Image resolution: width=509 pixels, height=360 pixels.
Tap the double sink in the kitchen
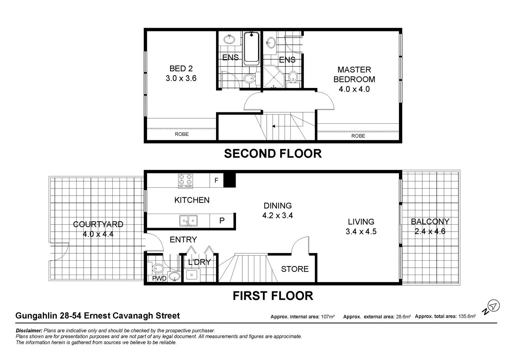tap(188, 221)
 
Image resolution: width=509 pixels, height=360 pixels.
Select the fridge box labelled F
tap(216, 181)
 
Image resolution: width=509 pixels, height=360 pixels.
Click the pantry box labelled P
tap(222, 220)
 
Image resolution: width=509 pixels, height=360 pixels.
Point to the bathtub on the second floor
tap(251, 48)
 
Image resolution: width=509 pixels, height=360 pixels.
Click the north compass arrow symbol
tap(493, 306)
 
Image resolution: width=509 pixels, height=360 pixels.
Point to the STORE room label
tap(295, 269)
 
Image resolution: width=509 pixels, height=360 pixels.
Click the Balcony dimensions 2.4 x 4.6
tap(430, 231)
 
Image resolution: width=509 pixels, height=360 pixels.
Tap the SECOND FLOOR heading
tap(273, 154)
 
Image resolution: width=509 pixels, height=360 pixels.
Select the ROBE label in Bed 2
tap(182, 134)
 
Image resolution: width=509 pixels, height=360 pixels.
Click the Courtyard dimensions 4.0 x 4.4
tap(98, 234)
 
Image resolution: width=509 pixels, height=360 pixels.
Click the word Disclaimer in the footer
tap(29, 331)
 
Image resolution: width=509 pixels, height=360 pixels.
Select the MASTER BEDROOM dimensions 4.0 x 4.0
tap(354, 89)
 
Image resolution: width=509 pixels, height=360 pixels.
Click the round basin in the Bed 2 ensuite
tap(229, 39)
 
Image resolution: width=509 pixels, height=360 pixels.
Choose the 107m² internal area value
tap(328, 317)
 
